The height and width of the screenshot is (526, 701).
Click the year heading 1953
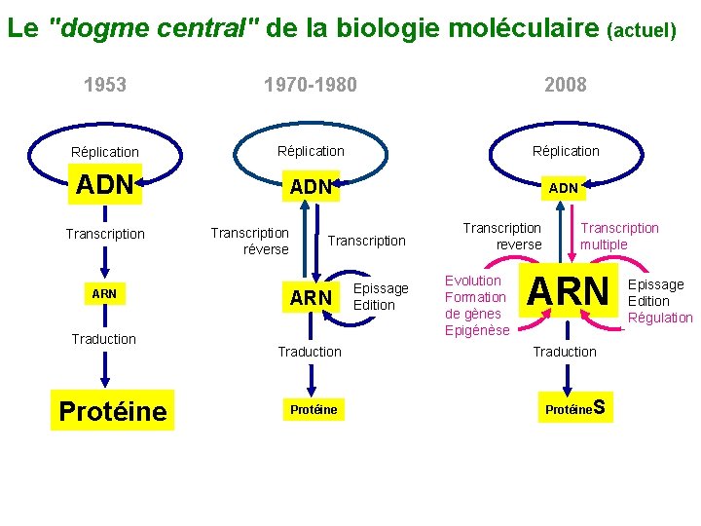pos(105,85)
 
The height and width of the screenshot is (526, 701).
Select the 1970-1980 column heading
pos(311,85)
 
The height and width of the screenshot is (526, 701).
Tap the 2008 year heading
pos(566,85)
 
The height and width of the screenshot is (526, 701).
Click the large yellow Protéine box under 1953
pos(113,411)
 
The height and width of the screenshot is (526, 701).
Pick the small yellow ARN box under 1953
pos(104,293)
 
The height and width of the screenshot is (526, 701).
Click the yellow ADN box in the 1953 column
pos(104,184)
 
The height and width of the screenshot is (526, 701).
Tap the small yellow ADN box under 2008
pos(564,187)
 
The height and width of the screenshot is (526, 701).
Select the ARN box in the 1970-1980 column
pos(312,298)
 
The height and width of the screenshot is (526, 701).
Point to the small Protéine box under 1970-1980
pos(314,410)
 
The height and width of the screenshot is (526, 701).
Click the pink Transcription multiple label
pos(619,236)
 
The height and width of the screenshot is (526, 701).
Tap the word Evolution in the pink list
pos(472,281)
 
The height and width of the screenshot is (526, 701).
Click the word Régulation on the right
pos(660,318)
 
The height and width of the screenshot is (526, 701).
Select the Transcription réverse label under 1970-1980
pos(250,241)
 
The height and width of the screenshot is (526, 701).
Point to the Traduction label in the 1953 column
pos(104,339)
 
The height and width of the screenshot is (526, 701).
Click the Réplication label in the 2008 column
pos(566,151)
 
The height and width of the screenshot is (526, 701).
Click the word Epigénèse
pos(477,330)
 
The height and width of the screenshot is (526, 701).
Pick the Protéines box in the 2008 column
pos(575,409)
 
